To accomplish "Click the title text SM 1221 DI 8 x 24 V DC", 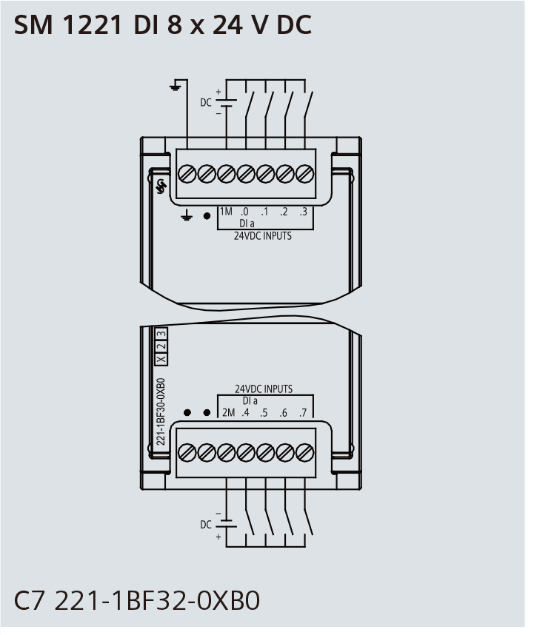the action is tap(163, 24).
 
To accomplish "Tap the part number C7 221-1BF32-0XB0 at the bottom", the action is tap(137, 600).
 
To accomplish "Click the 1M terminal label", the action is tap(226, 212).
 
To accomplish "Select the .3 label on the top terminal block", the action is tap(304, 212).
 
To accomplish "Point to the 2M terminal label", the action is tap(229, 412).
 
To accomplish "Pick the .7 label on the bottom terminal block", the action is tap(303, 412).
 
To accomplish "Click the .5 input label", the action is tap(264, 412).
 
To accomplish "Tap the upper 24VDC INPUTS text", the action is tap(262, 235).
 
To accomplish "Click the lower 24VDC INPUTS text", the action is tap(264, 389).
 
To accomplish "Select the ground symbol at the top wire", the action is tap(175, 86).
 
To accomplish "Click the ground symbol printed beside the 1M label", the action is tap(186, 215).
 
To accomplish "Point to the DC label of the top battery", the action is tap(206, 102).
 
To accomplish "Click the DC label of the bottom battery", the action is tap(206, 525).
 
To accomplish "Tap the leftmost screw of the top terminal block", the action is tap(187, 174).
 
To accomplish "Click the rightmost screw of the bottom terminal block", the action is tap(304, 452).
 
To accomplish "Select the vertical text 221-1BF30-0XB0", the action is tap(161, 411).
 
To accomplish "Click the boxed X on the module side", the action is tap(161, 359).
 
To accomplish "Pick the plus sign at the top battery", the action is tap(218, 92).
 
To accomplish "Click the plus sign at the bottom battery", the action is tap(218, 537).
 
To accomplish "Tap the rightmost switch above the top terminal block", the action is tap(308, 105).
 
